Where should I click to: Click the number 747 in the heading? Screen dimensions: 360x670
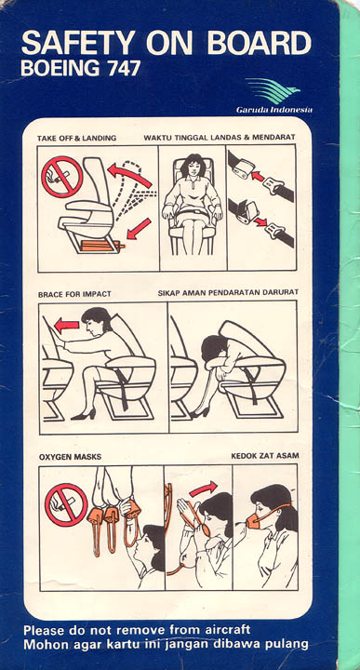click(x=124, y=68)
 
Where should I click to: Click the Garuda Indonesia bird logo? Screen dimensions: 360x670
click(x=273, y=90)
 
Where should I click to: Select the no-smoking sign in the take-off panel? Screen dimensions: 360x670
click(x=62, y=177)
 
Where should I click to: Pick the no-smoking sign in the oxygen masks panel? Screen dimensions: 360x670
click(x=66, y=504)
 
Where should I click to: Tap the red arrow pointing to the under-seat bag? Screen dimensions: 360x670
click(x=139, y=229)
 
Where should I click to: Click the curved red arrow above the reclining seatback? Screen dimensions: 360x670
click(x=128, y=175)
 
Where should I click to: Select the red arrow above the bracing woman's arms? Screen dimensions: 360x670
click(x=67, y=326)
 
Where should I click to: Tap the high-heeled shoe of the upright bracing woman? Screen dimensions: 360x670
click(x=84, y=414)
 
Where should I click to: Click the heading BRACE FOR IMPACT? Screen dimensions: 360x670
click(x=74, y=294)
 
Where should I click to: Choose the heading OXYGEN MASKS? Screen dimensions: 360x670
click(x=70, y=457)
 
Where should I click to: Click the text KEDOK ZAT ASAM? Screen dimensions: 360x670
click(x=265, y=456)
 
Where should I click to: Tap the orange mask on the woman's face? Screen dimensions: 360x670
click(x=255, y=520)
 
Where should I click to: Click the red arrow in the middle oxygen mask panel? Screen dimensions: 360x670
click(x=204, y=489)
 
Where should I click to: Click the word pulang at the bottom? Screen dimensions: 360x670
click(x=287, y=644)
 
